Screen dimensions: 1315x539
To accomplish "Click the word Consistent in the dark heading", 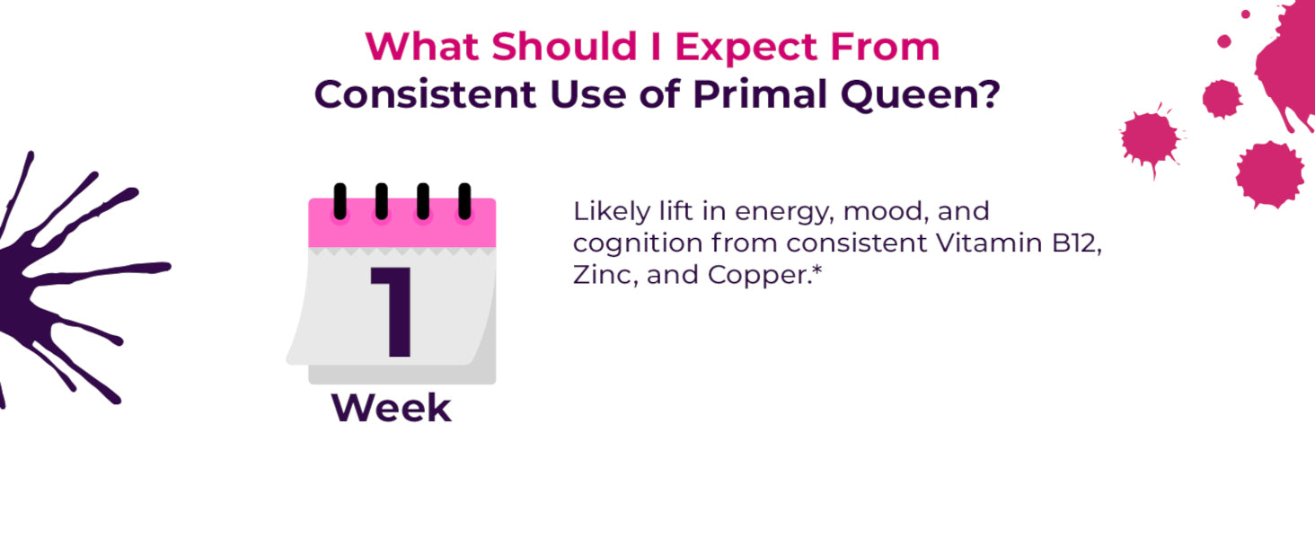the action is [x=425, y=94].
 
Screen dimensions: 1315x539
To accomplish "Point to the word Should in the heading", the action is [x=564, y=47].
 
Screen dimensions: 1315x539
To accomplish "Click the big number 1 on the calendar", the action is [x=393, y=312].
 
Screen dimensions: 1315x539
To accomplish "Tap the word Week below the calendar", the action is [x=392, y=408].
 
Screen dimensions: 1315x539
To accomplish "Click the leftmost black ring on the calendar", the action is [x=340, y=201].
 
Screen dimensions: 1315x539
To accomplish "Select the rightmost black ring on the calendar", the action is [x=464, y=201].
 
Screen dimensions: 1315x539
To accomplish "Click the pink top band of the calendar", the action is [x=402, y=223].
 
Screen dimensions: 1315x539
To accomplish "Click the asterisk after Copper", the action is [x=816, y=270].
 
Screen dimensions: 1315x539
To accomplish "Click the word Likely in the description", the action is [x=612, y=212].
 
